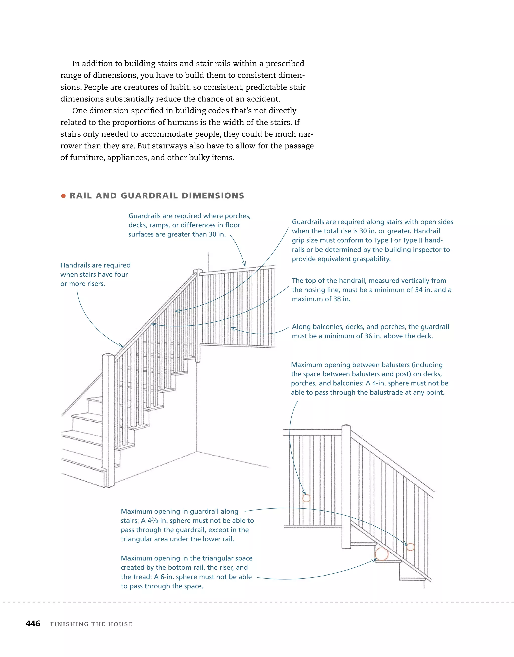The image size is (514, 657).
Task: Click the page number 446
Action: [33, 624]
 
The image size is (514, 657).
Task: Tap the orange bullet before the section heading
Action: [63, 196]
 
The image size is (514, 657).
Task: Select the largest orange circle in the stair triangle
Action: [381, 554]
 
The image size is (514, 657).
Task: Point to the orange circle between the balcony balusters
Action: [306, 498]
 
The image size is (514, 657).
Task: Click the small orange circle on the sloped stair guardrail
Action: [410, 547]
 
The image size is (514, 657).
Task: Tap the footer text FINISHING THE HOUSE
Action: [91, 624]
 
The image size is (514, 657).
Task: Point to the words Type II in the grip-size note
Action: [413, 240]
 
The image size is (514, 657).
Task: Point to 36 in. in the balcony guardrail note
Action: [372, 336]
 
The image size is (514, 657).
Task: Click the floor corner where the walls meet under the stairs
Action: [197, 452]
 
